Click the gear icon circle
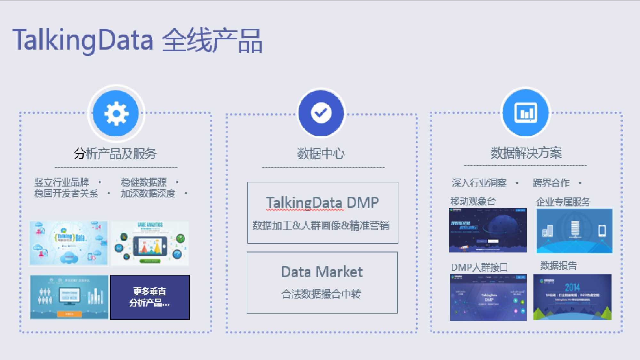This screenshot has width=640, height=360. [116, 113]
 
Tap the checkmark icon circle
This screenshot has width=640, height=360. [321, 113]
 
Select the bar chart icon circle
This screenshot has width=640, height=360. [525, 113]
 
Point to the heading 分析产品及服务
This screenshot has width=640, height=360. [115, 154]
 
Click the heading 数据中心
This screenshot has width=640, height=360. [321, 154]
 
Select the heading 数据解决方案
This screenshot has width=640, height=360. [526, 153]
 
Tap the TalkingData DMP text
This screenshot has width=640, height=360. [322, 203]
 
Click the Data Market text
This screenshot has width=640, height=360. [322, 272]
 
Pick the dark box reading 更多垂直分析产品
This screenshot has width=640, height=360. [150, 297]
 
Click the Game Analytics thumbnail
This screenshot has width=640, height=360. [150, 243]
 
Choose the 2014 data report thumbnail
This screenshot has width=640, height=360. [572, 297]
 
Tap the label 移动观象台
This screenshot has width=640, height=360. [473, 201]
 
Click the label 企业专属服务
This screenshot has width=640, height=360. [563, 202]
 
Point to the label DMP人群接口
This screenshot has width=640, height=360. [479, 267]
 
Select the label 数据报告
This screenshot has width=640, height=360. [558, 266]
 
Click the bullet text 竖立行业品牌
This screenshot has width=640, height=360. [62, 182]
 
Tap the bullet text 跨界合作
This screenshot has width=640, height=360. [551, 183]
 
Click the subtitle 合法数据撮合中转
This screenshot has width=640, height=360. [321, 294]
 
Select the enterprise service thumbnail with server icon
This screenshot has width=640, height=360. [574, 231]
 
